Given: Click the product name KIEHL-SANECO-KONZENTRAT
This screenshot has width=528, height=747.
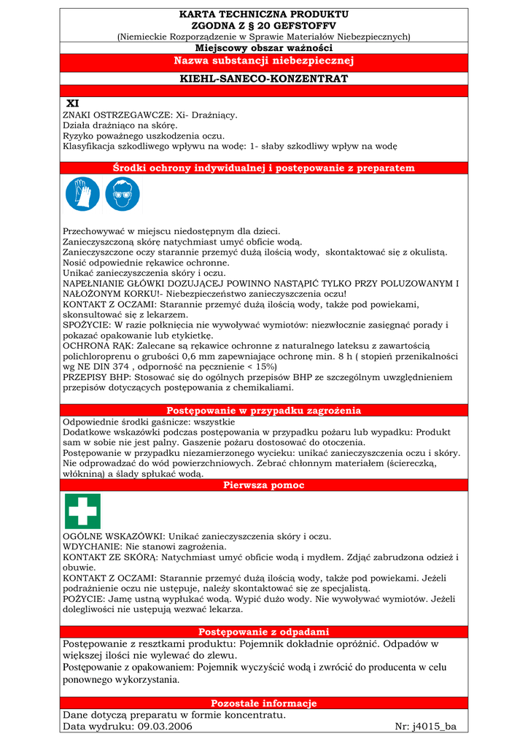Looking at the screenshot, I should (x=263, y=78).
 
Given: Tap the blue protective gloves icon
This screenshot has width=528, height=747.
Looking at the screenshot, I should (x=82, y=194).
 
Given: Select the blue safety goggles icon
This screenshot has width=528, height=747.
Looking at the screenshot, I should (x=122, y=194).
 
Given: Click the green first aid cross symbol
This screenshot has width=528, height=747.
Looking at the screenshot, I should (x=82, y=511).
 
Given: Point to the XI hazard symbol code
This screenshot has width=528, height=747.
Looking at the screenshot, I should (x=72, y=104).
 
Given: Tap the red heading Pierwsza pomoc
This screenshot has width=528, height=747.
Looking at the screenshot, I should (x=263, y=485).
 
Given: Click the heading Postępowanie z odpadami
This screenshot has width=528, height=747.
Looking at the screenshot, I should (x=263, y=632).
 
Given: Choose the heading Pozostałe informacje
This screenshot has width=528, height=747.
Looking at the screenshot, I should (x=263, y=703).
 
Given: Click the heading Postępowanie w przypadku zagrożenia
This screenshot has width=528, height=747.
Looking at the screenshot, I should (x=263, y=411).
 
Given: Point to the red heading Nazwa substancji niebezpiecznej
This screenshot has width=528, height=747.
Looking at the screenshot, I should (x=263, y=60).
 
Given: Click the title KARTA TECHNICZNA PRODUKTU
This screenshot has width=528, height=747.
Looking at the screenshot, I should (x=263, y=14).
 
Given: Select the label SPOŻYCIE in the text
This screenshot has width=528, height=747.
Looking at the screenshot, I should (x=86, y=325).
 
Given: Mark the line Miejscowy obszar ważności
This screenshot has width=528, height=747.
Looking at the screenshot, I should (x=263, y=47).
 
